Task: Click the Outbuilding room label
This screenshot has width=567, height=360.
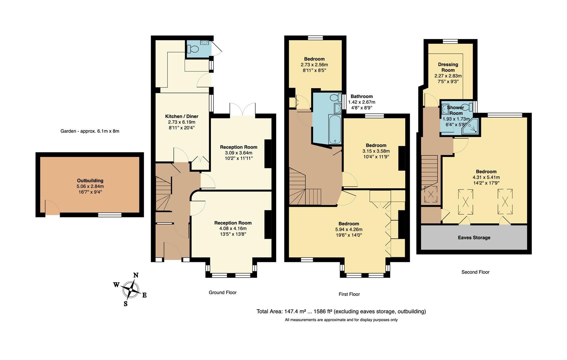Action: pyautogui.click(x=90, y=181)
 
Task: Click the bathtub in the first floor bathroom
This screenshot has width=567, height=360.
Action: pyautogui.click(x=334, y=129)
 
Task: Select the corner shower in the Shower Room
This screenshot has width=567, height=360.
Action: pyautogui.click(x=471, y=127)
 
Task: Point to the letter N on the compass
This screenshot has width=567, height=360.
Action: pyautogui.click(x=136, y=275)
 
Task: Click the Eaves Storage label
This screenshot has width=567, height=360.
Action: pyautogui.click(x=474, y=238)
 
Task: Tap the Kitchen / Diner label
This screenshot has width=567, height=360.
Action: pyautogui.click(x=182, y=116)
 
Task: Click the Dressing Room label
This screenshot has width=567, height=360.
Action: pyautogui.click(x=448, y=67)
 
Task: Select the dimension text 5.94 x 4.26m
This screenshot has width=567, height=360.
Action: pyautogui.click(x=349, y=229)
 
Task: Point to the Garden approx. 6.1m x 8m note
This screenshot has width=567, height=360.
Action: pyautogui.click(x=90, y=131)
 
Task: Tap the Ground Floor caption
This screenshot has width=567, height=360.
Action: pyautogui.click(x=222, y=292)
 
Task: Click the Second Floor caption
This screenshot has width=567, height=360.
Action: pyautogui.click(x=475, y=272)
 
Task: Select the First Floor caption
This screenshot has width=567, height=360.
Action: pyautogui.click(x=349, y=294)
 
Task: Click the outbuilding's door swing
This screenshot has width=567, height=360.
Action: pyautogui.click(x=52, y=207)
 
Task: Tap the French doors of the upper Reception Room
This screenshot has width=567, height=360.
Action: pyautogui.click(x=242, y=110)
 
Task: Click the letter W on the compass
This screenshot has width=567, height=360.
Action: pyautogui.click(x=116, y=285)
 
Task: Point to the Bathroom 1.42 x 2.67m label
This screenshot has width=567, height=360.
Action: pyautogui.click(x=362, y=96)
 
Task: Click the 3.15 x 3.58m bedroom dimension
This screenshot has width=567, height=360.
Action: pyautogui.click(x=376, y=151)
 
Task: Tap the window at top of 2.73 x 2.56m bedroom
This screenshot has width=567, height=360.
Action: pyautogui.click(x=315, y=38)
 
